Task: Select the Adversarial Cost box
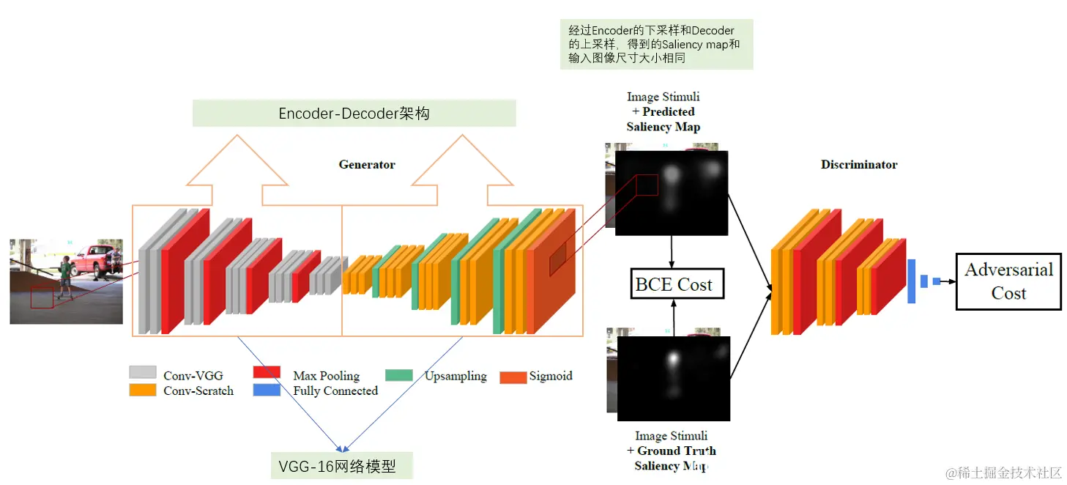[1008, 281]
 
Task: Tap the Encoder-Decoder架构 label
[354, 114]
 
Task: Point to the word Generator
[367, 165]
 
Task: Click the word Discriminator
[859, 165]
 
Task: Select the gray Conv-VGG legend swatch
[143, 373]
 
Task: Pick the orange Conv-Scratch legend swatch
[143, 390]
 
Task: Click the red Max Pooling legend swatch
[267, 373]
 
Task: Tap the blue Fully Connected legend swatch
[267, 390]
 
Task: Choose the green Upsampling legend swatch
[399, 375]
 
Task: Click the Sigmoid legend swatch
[513, 377]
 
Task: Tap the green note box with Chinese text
[656, 45]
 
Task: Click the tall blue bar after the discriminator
[912, 281]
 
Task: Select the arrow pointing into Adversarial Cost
[948, 281]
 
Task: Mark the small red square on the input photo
[42, 297]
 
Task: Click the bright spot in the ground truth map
[672, 358]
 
